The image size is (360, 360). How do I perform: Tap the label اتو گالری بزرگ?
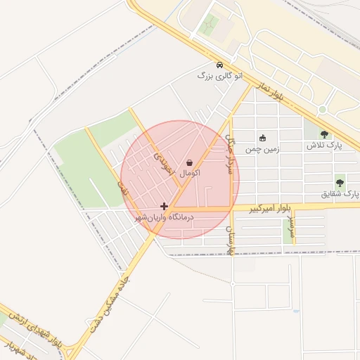[220, 75]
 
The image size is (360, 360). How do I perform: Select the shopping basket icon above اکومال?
[190, 162]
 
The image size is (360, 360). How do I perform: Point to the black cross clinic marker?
[165, 207]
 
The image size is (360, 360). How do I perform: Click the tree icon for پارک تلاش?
[324, 135]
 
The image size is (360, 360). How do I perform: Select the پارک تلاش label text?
[323, 146]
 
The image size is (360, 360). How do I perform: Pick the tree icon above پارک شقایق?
[340, 181]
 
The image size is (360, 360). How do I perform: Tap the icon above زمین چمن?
[263, 138]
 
